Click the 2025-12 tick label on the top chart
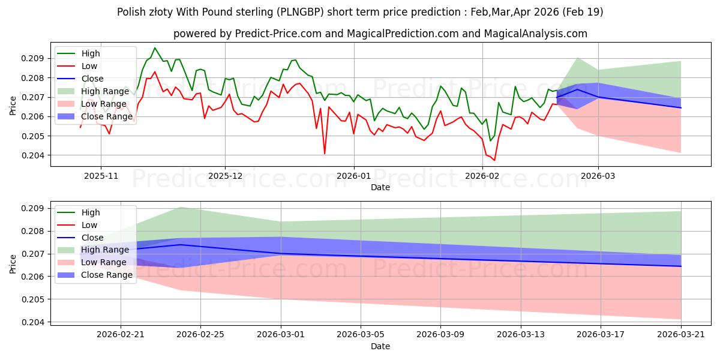point(225,176)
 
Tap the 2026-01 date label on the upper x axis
point(353,176)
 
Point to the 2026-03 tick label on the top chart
point(598,176)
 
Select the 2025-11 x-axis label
point(101,176)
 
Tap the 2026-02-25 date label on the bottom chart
point(200,335)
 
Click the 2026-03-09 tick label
point(440,335)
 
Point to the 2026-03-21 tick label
point(681,335)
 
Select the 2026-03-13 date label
point(521,335)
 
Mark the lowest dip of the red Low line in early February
point(494,160)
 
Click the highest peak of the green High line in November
point(155,48)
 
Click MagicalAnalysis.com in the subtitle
point(535,34)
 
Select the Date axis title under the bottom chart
point(380,347)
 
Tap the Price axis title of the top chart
point(13,106)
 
